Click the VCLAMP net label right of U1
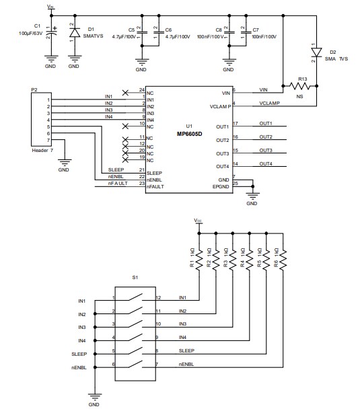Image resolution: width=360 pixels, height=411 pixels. click(268, 104)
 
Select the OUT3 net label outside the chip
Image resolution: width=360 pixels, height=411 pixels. click(265, 150)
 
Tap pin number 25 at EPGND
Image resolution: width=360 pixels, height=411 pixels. click(235, 184)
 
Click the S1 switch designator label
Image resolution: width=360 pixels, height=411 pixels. click(135, 276)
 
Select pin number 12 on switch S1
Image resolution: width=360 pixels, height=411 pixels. click(157, 297)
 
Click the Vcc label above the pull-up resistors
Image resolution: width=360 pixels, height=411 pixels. click(198, 220)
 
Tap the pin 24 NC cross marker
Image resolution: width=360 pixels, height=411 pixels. click(125, 90)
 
